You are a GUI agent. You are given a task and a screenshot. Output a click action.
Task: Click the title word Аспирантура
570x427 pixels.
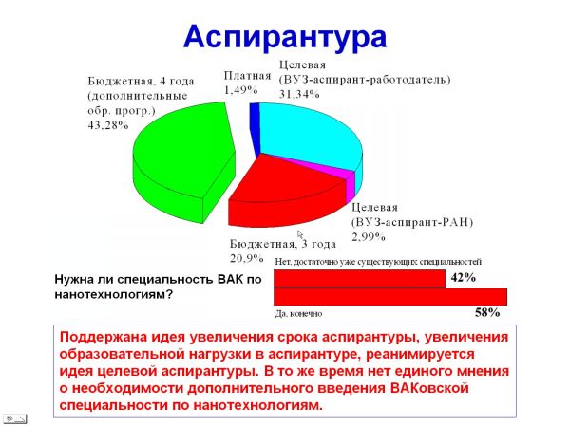pos(285,38)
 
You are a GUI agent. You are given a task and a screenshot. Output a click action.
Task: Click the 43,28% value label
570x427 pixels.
pos(108,125)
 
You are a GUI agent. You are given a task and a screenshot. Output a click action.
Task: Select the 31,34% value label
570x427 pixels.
pos(299,94)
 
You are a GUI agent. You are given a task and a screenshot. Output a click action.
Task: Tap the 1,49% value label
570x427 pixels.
pos(240,90)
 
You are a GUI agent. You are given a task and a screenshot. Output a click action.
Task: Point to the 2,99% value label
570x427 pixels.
pos(369,237)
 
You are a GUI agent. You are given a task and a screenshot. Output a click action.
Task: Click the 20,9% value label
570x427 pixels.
pos(246,258)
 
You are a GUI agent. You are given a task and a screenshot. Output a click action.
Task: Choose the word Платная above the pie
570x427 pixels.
pos(247,76)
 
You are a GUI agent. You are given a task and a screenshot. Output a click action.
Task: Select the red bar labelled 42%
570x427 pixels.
pos(359,278)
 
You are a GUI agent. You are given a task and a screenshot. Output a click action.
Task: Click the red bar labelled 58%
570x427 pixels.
pos(390,297)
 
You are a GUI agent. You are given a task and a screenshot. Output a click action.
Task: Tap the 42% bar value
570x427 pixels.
pos(464,278)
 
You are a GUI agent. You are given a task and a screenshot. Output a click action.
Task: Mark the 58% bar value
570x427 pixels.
pos(487,312)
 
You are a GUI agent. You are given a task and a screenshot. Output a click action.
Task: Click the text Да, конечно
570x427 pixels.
pos(298,314)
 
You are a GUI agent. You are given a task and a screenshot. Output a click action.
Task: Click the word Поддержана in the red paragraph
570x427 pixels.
pos(103,338)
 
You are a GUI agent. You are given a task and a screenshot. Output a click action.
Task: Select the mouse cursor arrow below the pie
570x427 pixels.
pos(300,234)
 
